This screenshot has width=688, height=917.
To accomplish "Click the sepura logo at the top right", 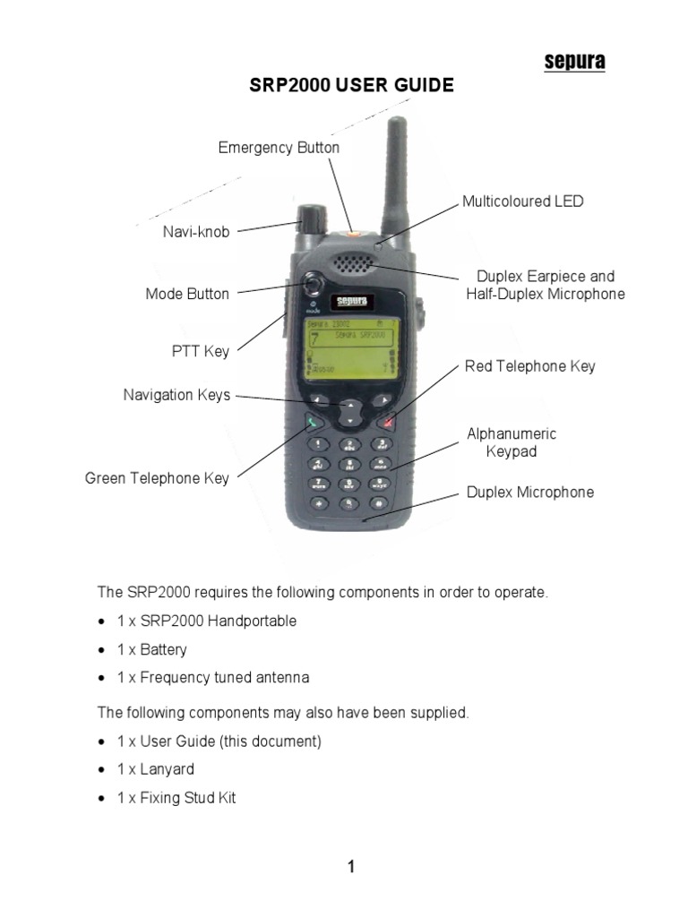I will (575, 61).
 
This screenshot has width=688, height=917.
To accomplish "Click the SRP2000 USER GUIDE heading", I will (351, 86).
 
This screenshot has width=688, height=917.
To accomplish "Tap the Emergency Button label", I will (279, 148).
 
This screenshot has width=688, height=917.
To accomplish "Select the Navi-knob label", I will (196, 232).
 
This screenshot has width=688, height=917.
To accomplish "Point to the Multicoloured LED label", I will (522, 201).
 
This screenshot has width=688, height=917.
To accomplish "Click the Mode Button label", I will (187, 294).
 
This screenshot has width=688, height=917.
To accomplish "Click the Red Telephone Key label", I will (529, 366).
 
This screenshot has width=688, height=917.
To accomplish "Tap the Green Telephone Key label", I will (157, 478).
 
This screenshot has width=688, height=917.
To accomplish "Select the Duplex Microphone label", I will (529, 493).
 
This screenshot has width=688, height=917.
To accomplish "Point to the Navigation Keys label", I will (176, 395).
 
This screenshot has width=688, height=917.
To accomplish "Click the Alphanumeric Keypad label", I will (512, 442).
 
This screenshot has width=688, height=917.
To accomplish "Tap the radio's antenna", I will (394, 175).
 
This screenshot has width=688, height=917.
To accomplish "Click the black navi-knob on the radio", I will (311, 218).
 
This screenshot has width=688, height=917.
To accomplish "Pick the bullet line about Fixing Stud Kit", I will (176, 798).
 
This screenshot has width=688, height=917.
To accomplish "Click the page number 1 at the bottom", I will (351, 867).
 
